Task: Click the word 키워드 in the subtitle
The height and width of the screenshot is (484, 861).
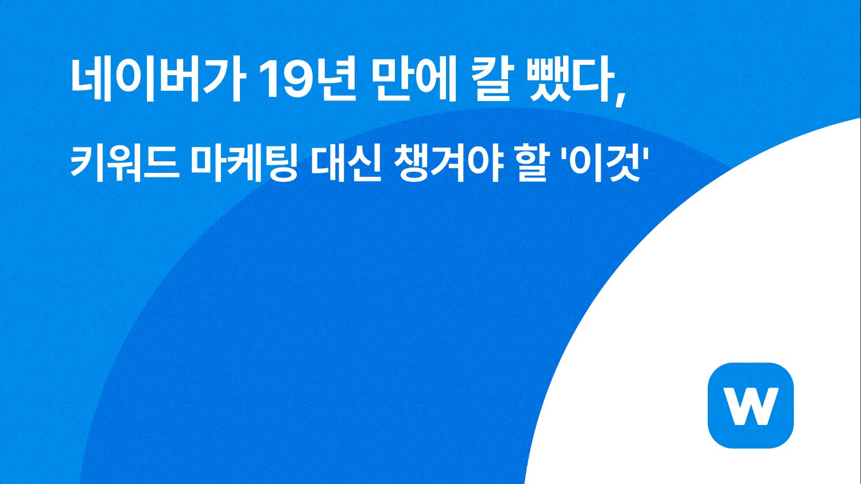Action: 124,162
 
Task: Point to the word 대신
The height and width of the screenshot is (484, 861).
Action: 346,162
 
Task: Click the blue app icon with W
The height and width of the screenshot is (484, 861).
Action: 751,405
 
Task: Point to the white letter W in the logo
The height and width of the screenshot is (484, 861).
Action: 751,406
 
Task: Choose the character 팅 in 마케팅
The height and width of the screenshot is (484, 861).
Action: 281,162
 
